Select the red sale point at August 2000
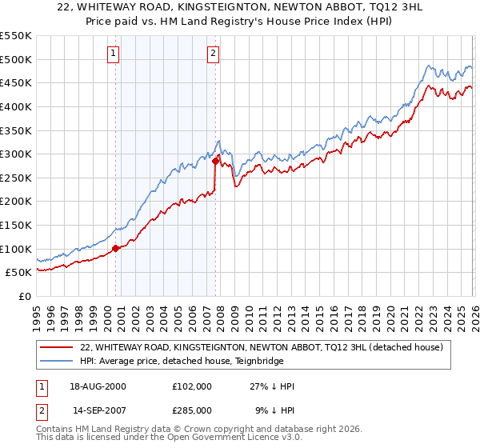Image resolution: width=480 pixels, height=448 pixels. coord(115,248)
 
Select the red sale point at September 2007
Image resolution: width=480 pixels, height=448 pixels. coord(215,161)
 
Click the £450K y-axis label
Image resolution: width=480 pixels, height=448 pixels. coord(17,82)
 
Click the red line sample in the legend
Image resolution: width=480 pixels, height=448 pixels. coord(57,346)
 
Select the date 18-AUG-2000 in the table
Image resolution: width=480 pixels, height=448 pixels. coord(98,386)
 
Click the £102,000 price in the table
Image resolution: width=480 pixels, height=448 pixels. coord(191,386)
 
